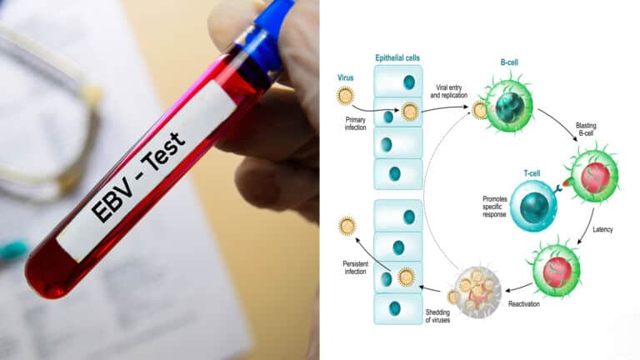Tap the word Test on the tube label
tap(165, 151)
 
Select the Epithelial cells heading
tap(397, 58)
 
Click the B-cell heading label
tap(509, 62)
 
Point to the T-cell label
tap(532, 173)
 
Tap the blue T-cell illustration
tap(534, 206)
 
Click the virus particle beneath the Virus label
tap(345, 97)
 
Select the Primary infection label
tap(356, 123)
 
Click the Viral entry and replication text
tap(448, 92)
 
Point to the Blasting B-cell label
tap(586, 129)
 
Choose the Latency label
tap(602, 230)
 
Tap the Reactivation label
tap(523, 304)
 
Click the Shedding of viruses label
tap(437, 316)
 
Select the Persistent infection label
tap(356, 267)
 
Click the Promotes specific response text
tap(495, 207)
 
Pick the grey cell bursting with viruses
tap(477, 292)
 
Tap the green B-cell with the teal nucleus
tap(508, 106)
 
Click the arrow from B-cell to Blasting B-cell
tap(560, 122)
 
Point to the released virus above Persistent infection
tap(347, 226)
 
